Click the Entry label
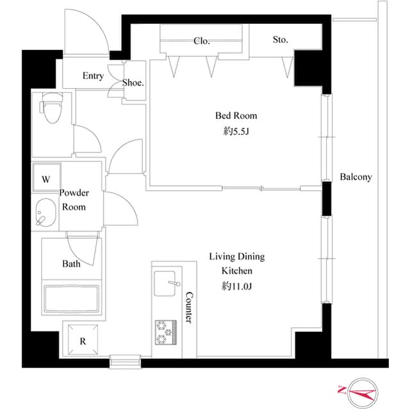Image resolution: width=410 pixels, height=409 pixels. (93, 76)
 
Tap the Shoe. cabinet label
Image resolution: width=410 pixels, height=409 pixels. (133, 83)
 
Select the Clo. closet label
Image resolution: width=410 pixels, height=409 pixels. (202, 41)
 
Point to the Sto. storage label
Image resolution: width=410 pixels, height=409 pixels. (280, 40)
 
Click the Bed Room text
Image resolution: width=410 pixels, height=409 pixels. (235, 116)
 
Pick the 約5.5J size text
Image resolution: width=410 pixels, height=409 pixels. (235, 132)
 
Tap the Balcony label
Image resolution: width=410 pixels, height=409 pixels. (356, 177)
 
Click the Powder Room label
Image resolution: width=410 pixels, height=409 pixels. (73, 200)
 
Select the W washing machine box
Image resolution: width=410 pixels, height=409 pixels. (45, 179)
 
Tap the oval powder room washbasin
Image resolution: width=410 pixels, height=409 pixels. (45, 213)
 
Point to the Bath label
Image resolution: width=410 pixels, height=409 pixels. (71, 264)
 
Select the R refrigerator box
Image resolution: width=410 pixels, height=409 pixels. (82, 341)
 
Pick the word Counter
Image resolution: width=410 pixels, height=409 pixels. (189, 307)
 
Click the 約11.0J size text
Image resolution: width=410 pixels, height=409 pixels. (236, 286)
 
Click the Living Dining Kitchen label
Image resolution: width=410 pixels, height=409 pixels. (236, 264)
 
